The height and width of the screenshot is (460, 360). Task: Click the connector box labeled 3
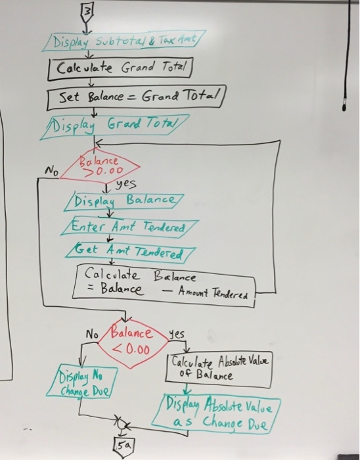tap(87, 13)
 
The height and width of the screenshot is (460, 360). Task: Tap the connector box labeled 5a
tap(124, 447)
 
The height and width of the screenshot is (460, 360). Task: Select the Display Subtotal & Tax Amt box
tap(124, 41)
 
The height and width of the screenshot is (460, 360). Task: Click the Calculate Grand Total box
tap(120, 68)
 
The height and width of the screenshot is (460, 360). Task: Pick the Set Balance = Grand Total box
tap(137, 97)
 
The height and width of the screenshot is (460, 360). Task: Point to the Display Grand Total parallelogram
tap(114, 127)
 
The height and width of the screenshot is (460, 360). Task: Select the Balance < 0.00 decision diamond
tap(133, 343)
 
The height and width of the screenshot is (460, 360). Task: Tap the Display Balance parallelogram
tap(124, 202)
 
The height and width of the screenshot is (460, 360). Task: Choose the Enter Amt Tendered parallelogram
tap(129, 227)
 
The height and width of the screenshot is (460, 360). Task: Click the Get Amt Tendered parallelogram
tap(130, 253)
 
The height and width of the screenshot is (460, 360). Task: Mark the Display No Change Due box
tap(82, 381)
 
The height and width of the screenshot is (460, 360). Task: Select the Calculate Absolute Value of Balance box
tap(219, 369)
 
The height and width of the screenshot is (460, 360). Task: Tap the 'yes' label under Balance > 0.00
tap(126, 184)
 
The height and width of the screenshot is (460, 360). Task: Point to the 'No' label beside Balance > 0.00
tap(51, 170)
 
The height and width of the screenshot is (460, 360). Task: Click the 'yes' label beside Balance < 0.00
tap(177, 334)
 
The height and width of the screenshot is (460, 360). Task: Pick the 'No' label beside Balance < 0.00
tap(92, 334)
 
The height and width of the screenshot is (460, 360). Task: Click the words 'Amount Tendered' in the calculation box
tap(214, 292)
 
